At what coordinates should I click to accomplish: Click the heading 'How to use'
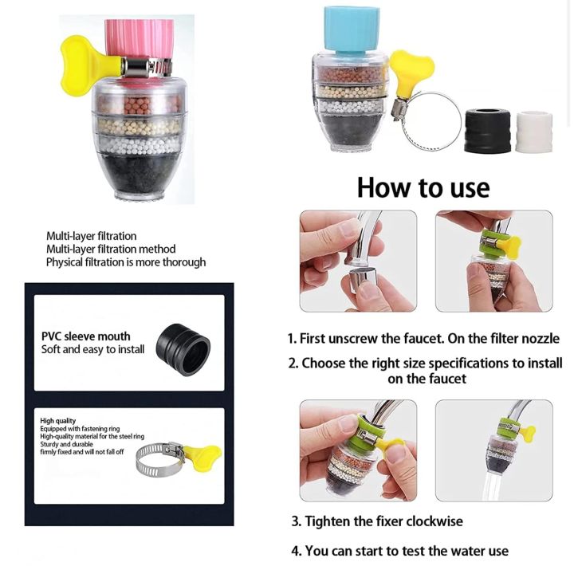[423, 187]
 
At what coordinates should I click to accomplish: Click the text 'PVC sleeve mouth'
[85, 336]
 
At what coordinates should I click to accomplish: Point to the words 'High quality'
[59, 421]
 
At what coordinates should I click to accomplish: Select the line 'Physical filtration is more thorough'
[125, 261]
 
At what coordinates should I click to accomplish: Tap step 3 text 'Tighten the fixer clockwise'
[376, 521]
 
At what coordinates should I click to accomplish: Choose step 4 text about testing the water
[399, 551]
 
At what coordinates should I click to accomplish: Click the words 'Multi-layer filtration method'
[111, 249]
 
